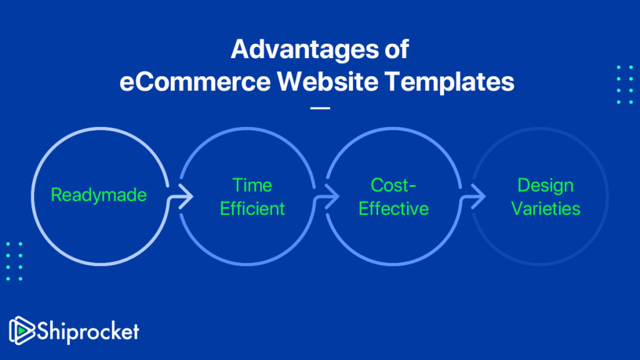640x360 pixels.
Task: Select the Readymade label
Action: (99, 195)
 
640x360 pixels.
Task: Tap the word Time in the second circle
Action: (252, 185)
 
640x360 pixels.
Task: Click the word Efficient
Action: (252, 209)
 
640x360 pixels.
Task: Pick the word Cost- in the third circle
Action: (393, 185)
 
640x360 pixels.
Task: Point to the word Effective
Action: (393, 209)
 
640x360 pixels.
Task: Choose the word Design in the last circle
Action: (546, 185)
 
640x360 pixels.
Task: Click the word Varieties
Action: (546, 209)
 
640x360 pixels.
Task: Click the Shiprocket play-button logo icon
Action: (22, 330)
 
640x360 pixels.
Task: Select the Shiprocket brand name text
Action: (87, 331)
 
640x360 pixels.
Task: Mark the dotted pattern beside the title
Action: (624, 84)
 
